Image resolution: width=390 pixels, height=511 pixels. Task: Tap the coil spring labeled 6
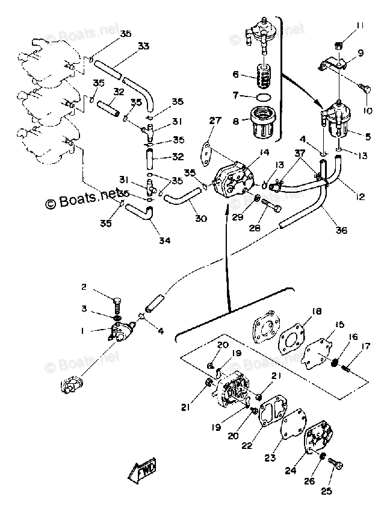pyautogui.click(x=263, y=76)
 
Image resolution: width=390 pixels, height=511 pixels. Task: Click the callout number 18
pyautogui.click(x=317, y=312)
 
